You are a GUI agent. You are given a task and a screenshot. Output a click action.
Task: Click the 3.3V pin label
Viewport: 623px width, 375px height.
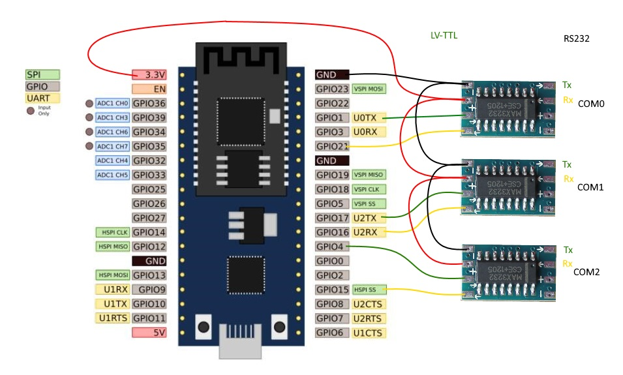[149, 75]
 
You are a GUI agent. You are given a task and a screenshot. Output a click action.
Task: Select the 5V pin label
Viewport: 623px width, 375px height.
[149, 333]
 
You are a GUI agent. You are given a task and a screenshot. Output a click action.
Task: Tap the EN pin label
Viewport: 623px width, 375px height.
[149, 89]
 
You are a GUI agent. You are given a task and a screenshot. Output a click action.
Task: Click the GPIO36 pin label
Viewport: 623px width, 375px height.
[149, 104]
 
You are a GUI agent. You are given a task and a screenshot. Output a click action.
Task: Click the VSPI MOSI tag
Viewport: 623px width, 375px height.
[369, 89]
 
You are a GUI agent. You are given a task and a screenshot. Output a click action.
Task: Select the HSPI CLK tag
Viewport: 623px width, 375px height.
[113, 232]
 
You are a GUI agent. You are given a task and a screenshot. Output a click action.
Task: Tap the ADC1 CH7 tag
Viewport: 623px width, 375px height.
[113, 146]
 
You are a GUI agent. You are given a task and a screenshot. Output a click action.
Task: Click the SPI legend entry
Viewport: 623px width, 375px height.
[42, 75]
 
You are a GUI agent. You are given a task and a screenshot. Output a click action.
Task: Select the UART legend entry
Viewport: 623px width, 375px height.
[42, 98]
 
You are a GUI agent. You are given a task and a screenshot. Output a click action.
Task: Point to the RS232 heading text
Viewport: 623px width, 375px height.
[576, 39]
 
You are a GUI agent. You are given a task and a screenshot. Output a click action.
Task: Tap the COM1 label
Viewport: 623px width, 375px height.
[590, 187]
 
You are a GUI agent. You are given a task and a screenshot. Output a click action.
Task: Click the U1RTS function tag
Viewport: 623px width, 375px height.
[113, 318]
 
